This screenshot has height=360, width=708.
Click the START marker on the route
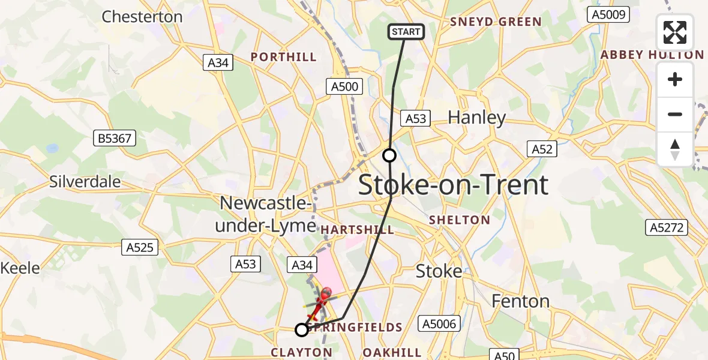[x=407, y=32]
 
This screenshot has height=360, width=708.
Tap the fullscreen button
[x=675, y=32]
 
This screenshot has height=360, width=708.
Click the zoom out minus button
[x=675, y=114]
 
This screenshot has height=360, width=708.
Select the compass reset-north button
[x=675, y=149]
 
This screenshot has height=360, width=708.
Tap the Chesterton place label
[x=142, y=17]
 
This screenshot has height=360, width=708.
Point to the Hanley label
[x=477, y=118]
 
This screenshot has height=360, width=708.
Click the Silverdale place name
[x=85, y=181]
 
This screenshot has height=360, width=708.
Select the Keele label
[x=20, y=268]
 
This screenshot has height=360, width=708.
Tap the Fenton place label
[x=520, y=301]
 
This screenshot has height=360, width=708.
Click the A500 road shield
[x=345, y=86]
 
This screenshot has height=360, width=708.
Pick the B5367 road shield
[x=116, y=139]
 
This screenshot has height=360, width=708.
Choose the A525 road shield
[x=140, y=247]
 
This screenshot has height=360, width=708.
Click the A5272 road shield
[x=667, y=227]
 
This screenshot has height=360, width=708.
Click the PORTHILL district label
[x=283, y=57]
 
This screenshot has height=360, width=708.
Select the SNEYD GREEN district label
[x=496, y=22]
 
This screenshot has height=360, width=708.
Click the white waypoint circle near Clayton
[x=302, y=329]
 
